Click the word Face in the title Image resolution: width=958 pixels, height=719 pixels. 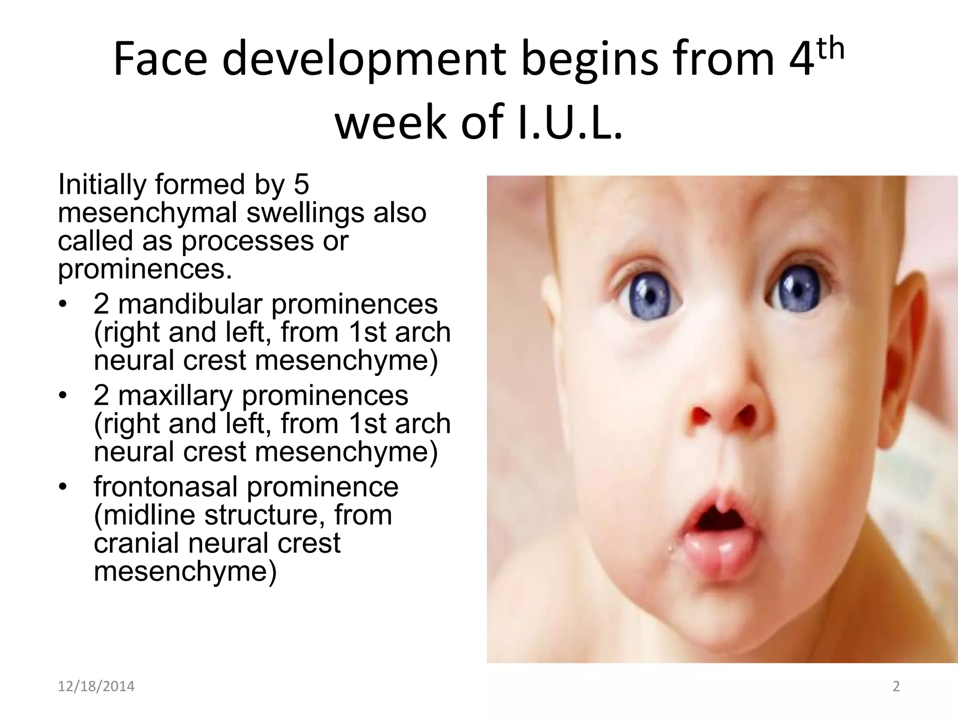tap(160, 59)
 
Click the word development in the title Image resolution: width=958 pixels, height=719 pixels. tap(364, 59)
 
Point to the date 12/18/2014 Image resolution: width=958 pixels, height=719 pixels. tap(96, 686)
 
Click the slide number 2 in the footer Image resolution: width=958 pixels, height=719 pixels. tap(896, 686)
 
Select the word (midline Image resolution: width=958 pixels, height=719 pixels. tap(145, 515)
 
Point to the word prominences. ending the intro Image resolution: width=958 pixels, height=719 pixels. tap(145, 269)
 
